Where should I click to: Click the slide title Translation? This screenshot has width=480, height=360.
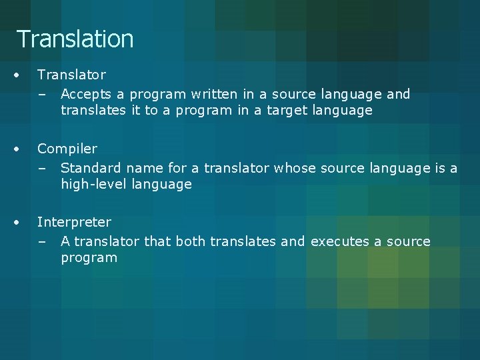(75, 39)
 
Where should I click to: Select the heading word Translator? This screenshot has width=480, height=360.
(71, 75)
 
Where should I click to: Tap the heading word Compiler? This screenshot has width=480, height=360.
(67, 148)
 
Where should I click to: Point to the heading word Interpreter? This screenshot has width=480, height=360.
(74, 221)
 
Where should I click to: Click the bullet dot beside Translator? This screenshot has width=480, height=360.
(21, 75)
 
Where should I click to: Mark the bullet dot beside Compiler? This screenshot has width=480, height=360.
(21, 148)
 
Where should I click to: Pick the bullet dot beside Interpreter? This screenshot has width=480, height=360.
(21, 221)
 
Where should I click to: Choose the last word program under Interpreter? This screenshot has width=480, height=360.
(89, 258)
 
